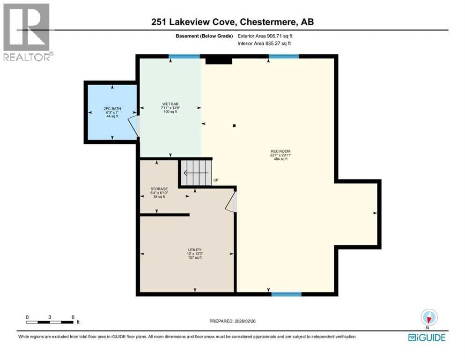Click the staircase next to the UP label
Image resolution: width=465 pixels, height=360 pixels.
pos(196,172)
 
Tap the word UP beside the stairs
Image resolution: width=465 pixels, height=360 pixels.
pos(216,180)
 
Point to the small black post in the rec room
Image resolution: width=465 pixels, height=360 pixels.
pos(234,126)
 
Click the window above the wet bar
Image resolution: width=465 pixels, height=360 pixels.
pos(184,56)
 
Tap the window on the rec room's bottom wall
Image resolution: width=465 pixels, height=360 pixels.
pos(287,294)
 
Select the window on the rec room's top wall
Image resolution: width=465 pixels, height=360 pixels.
pos(284,56)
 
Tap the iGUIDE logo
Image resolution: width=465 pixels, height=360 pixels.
pos(427,337)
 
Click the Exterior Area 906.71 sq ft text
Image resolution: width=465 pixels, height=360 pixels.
pos(265,36)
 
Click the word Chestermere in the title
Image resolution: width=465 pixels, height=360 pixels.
pos(268,22)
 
